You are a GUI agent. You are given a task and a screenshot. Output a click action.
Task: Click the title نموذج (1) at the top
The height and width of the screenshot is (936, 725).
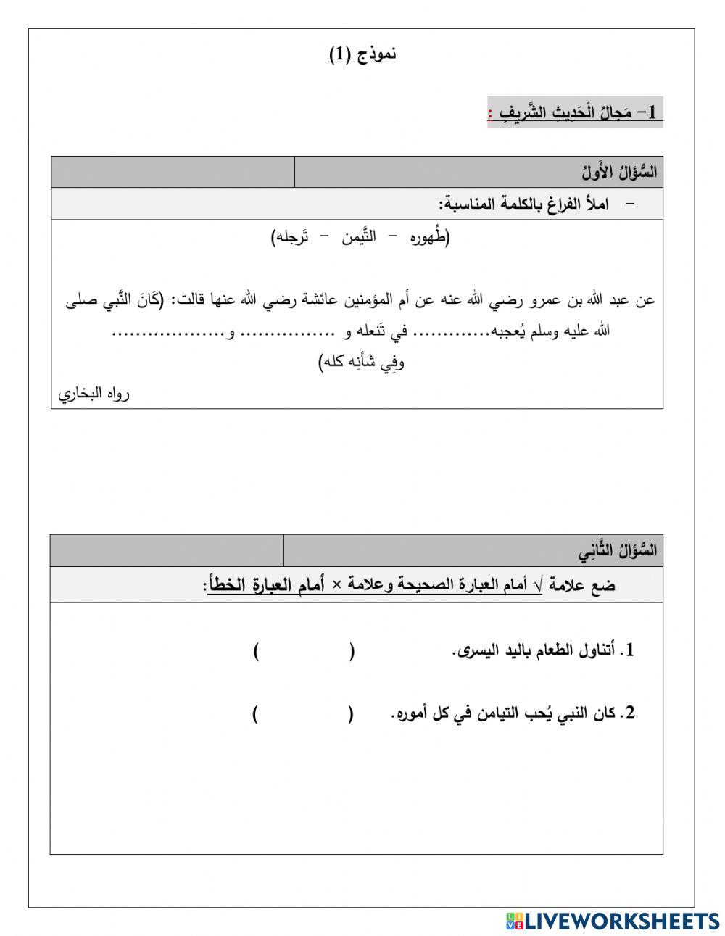coord(362,54)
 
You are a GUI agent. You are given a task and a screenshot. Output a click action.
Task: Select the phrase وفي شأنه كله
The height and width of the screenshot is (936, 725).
coord(362,362)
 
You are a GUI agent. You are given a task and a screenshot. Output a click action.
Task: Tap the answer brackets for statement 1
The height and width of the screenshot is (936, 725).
coord(304,651)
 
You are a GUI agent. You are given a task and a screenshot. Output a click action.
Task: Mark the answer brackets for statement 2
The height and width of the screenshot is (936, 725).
coord(303,714)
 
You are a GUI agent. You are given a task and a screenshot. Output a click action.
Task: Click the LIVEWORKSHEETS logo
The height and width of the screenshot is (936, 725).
coord(612,920)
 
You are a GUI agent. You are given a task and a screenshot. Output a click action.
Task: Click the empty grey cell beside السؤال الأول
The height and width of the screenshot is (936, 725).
coord(173,173)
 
